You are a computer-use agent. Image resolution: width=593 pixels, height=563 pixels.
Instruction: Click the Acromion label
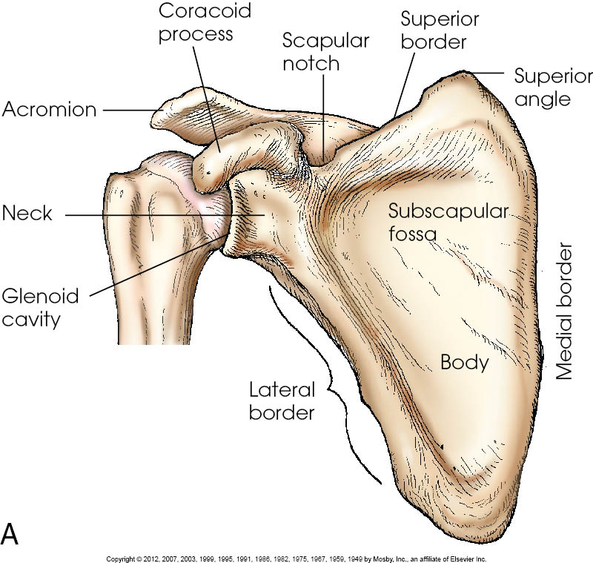[49, 110]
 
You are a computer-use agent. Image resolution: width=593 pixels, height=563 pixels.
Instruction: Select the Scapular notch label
[325, 51]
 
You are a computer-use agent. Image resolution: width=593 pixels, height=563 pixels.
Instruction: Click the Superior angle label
[552, 87]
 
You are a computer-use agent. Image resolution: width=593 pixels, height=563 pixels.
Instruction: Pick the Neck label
[27, 214]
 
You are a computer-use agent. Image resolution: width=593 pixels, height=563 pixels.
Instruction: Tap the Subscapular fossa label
[448, 223]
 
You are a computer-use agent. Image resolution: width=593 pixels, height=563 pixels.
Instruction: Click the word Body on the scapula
[465, 363]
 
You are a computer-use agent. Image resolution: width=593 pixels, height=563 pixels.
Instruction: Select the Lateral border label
[282, 401]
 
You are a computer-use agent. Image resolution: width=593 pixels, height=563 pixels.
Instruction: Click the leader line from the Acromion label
[130, 111]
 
